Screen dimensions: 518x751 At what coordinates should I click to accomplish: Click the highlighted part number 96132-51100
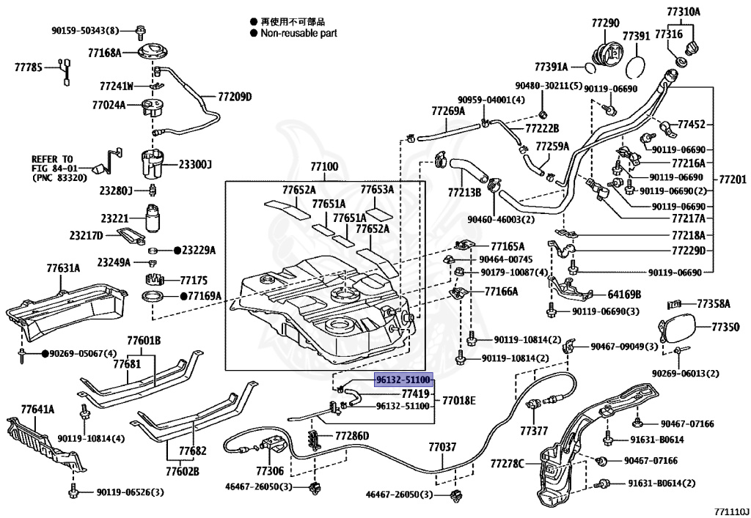402,381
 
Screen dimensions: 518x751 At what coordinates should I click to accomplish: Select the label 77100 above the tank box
323,168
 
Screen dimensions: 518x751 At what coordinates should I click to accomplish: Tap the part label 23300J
195,164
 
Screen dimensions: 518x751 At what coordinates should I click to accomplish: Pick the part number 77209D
234,97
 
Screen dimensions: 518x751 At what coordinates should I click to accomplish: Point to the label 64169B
624,295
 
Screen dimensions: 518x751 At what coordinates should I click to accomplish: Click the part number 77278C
508,463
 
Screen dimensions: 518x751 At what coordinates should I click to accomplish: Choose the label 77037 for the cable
442,446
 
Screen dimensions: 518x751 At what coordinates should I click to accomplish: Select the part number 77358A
714,303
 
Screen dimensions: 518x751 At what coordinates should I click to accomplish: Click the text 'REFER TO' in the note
52,158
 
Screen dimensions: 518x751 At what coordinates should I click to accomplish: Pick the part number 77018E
458,400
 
